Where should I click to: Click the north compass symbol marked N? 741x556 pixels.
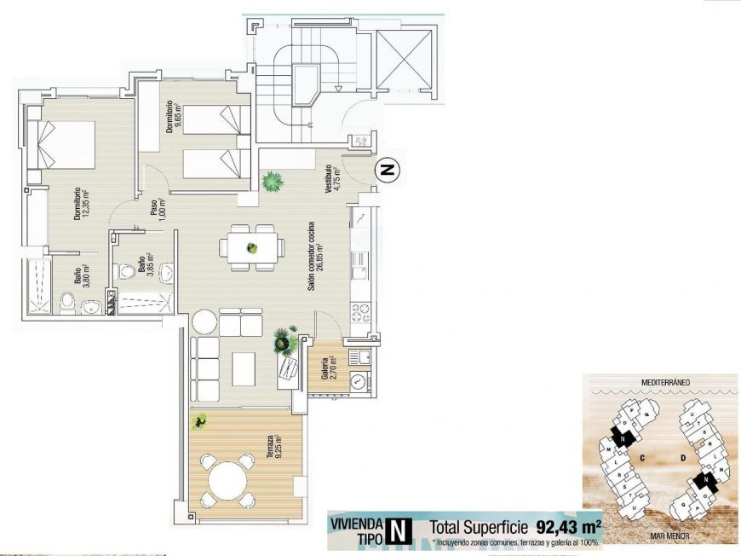tap(388, 171)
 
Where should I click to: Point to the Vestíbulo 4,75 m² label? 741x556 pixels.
tap(331, 181)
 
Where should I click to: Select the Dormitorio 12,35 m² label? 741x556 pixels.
tap(81, 205)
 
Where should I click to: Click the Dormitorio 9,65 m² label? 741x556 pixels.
tap(174, 117)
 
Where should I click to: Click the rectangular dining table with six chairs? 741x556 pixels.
tap(251, 248)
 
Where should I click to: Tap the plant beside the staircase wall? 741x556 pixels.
tap(273, 181)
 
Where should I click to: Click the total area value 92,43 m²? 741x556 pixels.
tap(568, 525)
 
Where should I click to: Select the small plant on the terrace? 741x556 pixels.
tap(201, 420)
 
